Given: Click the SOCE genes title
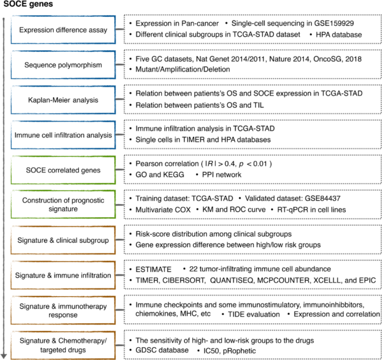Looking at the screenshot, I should click(x=23, y=5).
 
